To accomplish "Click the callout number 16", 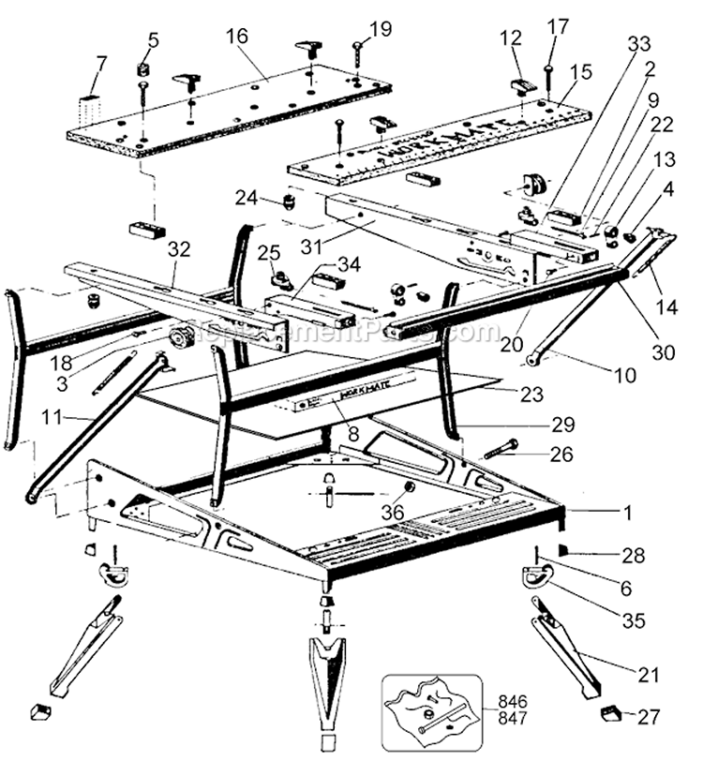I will pos(236,37).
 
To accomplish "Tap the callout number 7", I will pos(101,64).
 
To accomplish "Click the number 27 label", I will pos(649,717).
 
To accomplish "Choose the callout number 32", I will pos(177,250).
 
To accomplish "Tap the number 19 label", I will pos(381,29).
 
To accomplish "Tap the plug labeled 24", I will pos(290,201).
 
